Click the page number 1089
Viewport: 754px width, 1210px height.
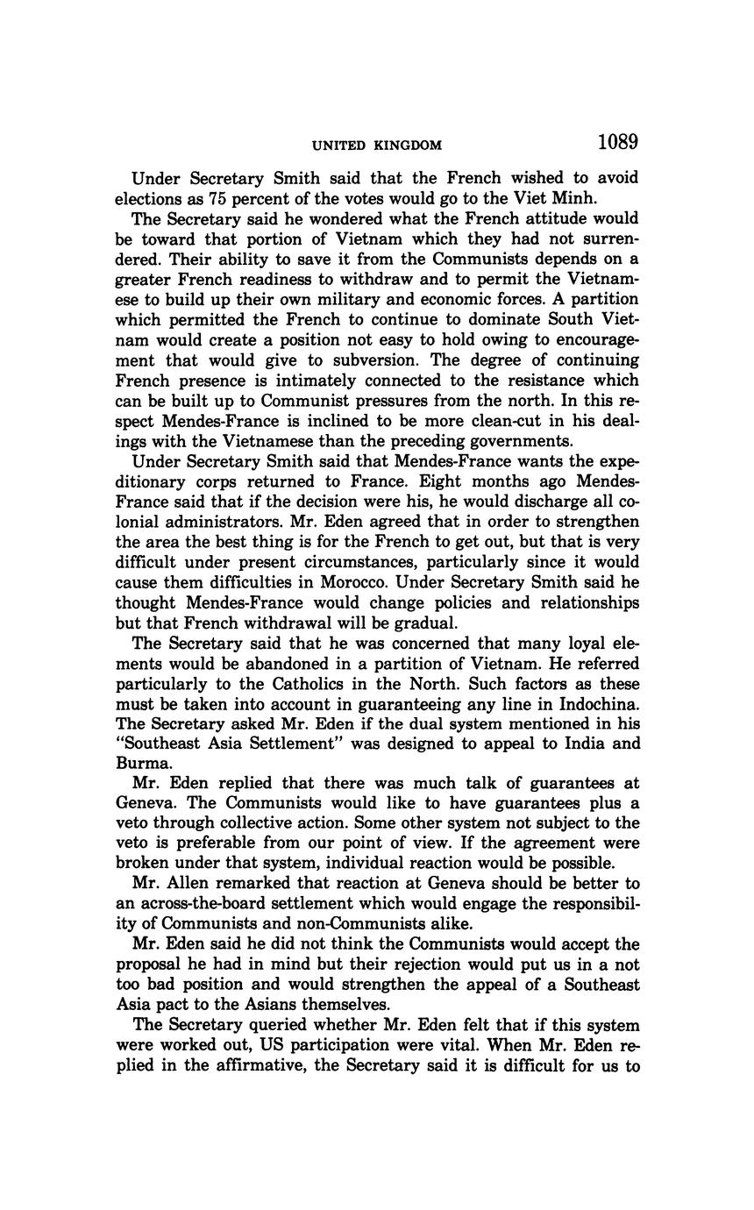point(618,142)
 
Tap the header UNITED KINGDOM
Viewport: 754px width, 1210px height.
point(377,146)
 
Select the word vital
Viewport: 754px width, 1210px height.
point(486,1046)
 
